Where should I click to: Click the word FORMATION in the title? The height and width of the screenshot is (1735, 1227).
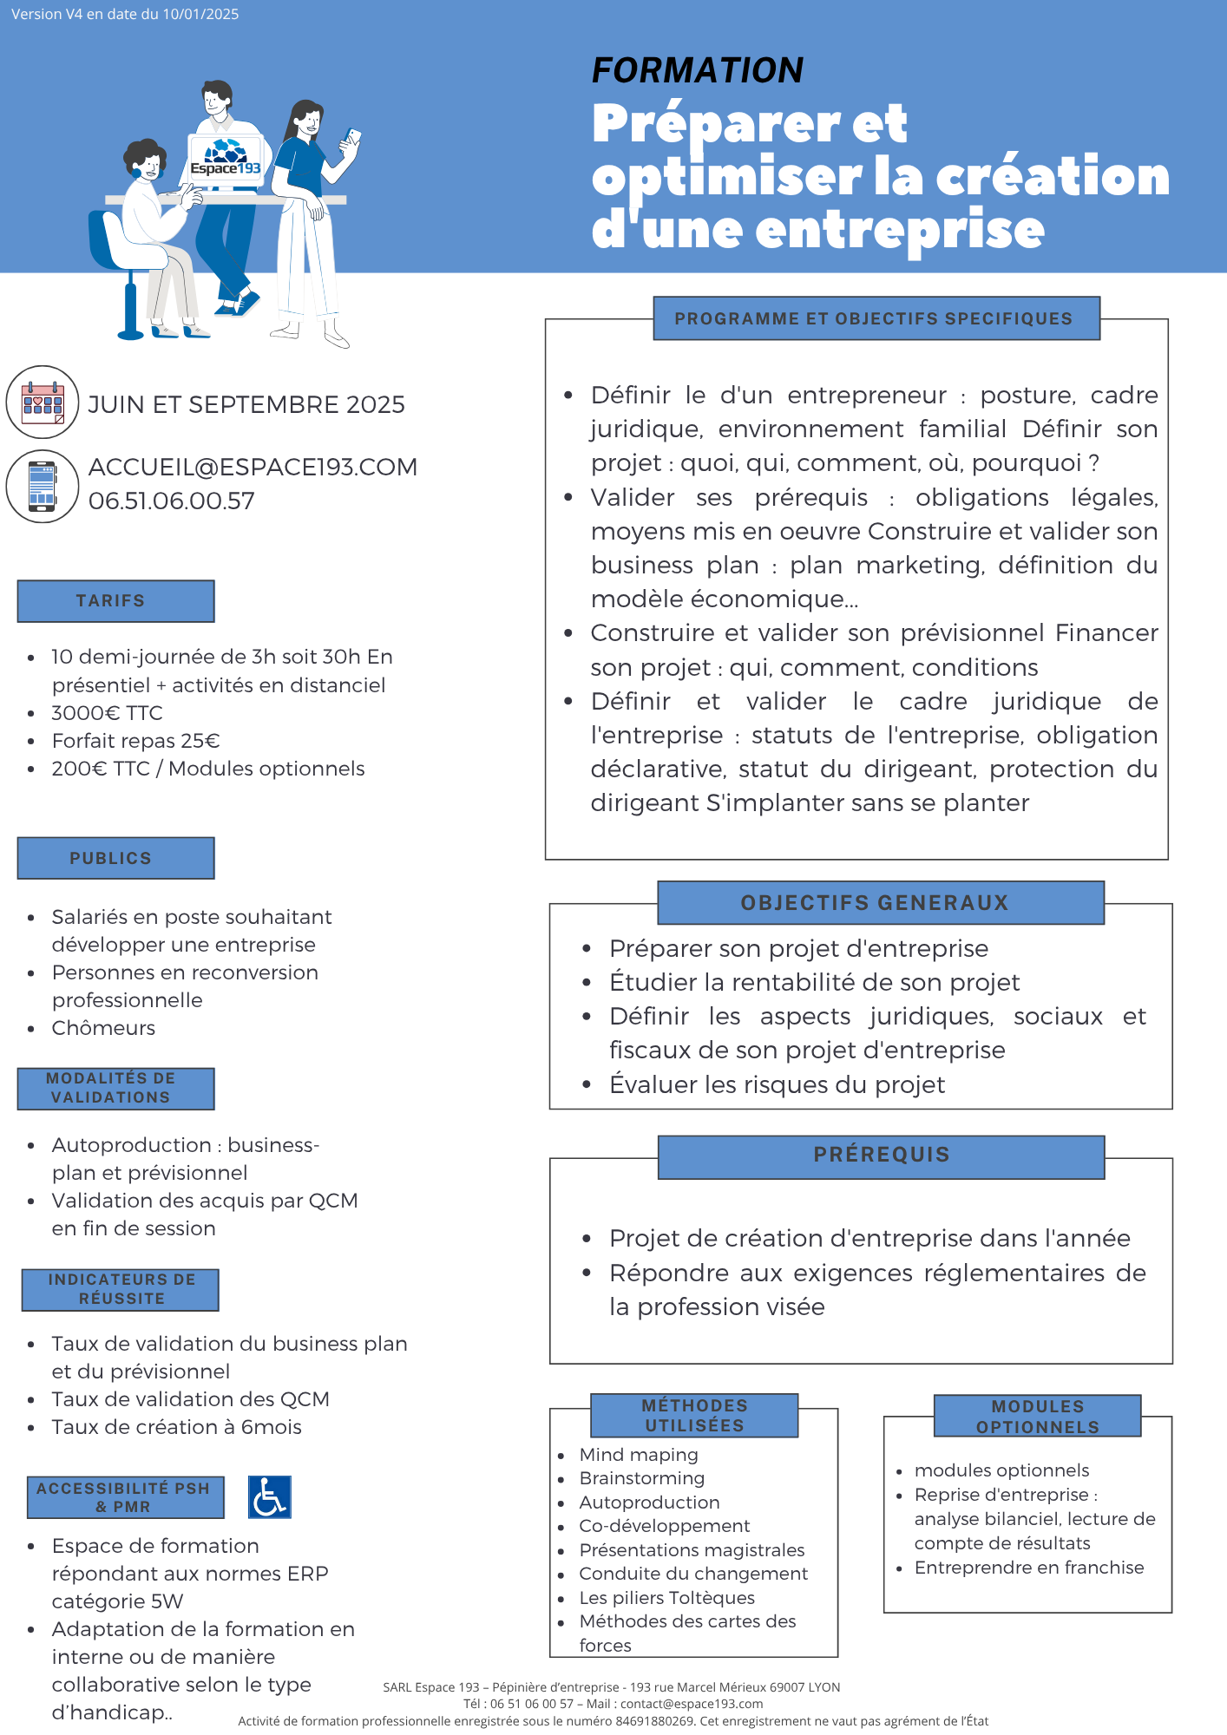[x=697, y=70]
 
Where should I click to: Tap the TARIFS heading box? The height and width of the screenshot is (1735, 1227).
[x=115, y=601]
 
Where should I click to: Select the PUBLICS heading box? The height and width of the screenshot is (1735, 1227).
[x=115, y=858]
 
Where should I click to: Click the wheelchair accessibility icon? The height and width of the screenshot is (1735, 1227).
[x=269, y=1497]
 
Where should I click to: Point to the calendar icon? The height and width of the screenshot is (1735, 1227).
[x=43, y=403]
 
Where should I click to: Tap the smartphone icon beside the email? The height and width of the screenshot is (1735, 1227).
[x=43, y=486]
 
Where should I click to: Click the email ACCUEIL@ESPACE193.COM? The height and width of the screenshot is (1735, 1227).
[x=253, y=467]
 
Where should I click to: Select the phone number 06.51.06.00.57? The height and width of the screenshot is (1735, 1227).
[x=172, y=501]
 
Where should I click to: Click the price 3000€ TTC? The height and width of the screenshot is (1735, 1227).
[x=107, y=713]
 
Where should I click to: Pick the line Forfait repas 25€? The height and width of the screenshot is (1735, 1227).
[x=135, y=741]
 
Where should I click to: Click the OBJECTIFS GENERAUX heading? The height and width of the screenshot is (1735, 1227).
[x=875, y=903]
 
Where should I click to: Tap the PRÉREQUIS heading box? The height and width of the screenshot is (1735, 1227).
[x=881, y=1156]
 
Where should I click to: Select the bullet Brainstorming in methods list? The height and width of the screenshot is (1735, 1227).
[x=641, y=1478]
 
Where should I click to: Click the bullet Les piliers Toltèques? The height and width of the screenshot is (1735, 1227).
[x=666, y=1598]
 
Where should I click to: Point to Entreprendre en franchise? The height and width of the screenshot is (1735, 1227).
[x=1029, y=1568]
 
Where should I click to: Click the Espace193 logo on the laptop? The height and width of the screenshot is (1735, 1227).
[x=226, y=161]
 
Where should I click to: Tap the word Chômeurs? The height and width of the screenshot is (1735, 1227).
[x=103, y=1028]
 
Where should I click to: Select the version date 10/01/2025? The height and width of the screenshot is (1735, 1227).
[x=200, y=14]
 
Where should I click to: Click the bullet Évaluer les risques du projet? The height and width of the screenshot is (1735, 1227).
[x=777, y=1084]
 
